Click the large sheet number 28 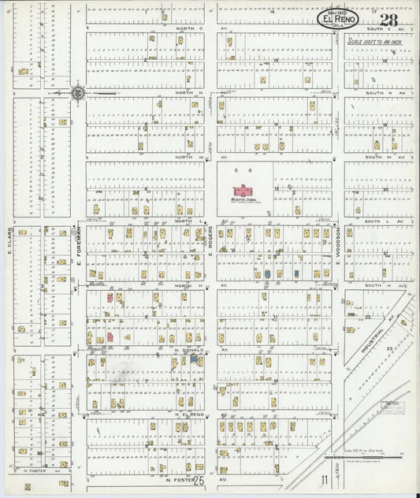[x=387, y=20]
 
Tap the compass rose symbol [x=78, y=94]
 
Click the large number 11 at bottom [x=323, y=478]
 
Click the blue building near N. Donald [x=193, y=359]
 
